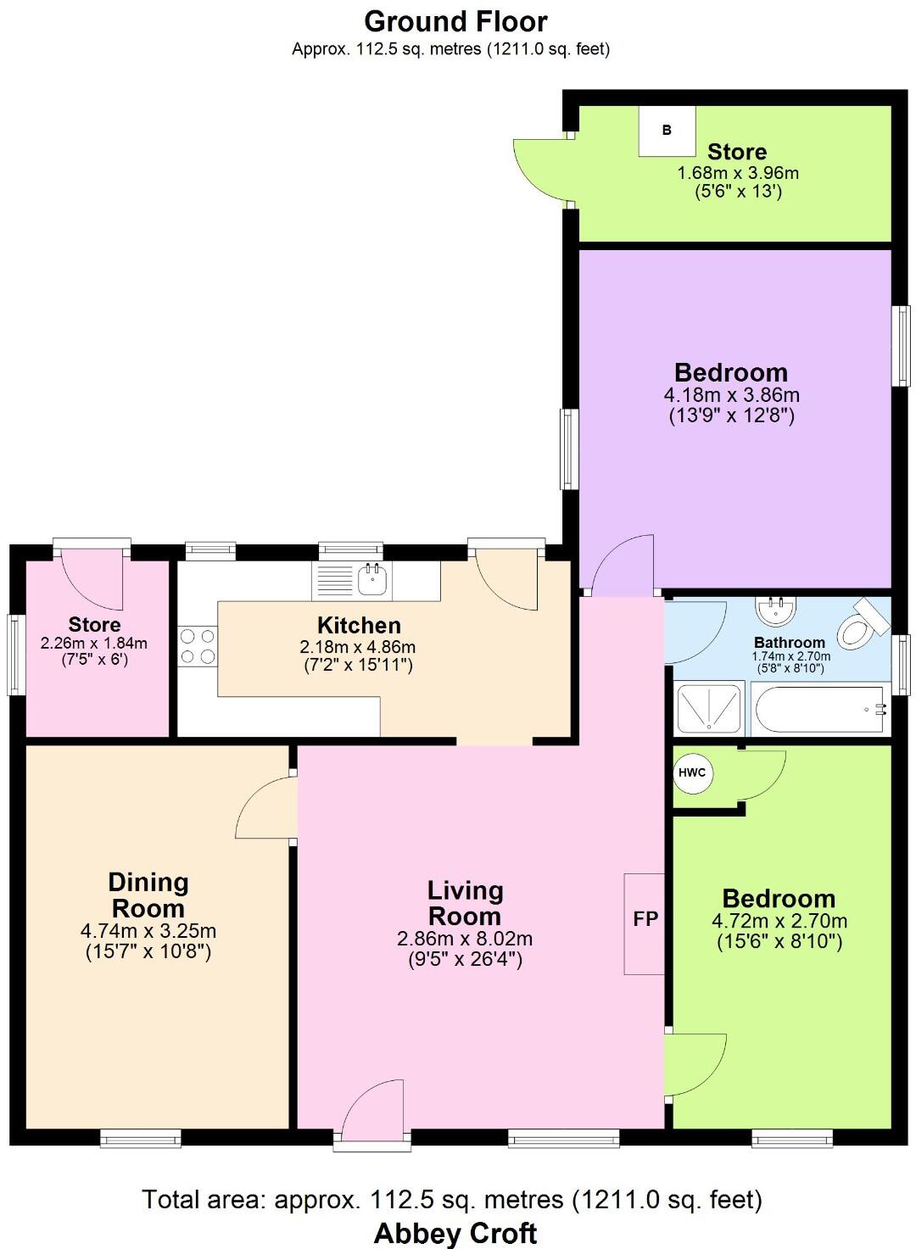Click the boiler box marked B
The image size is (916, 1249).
[x=667, y=131]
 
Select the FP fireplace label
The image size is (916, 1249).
[x=645, y=919]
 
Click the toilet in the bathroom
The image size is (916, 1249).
[x=860, y=626]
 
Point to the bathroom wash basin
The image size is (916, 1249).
[x=775, y=609]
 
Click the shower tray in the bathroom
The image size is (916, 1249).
[x=708, y=708]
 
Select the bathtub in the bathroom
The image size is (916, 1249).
[x=820, y=709]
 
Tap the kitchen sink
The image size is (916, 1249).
[x=372, y=581]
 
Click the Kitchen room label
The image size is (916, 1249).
[x=359, y=626]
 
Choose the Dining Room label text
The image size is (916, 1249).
[x=148, y=895]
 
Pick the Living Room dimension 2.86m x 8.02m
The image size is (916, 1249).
[x=465, y=939]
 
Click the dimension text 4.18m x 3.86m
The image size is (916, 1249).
[x=731, y=395]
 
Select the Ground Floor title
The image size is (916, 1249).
[x=455, y=21]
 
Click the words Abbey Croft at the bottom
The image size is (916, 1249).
[x=455, y=1232]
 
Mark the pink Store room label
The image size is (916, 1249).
[x=94, y=625]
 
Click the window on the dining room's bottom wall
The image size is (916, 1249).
[x=141, y=1138]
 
